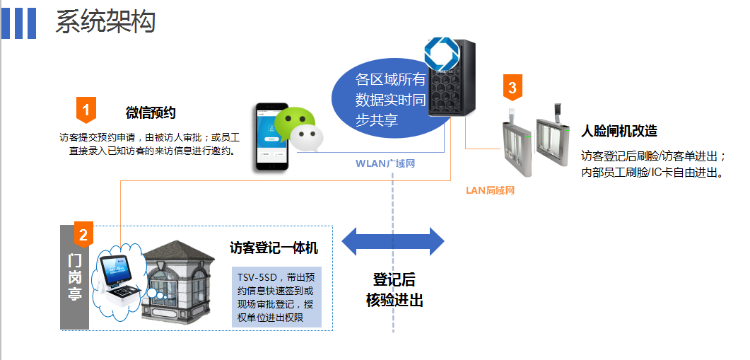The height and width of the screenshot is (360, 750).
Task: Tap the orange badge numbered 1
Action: pos(86,110)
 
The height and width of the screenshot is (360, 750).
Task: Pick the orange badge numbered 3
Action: pos(512,88)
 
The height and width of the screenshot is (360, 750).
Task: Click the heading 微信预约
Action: pos(151,112)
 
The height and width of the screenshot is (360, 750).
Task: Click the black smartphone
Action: pos(271,137)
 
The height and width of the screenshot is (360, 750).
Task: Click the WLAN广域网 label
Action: pos(384,163)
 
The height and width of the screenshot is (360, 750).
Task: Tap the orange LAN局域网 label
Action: pos(491,190)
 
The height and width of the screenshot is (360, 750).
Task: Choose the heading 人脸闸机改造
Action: pos(619,131)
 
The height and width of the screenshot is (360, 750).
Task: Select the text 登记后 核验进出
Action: pos(394,289)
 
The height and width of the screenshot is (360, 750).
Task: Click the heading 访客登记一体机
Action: pos(274,248)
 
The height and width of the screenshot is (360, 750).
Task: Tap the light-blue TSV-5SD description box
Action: pos(276,296)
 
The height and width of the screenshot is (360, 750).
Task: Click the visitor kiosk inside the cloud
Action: pos(117,277)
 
